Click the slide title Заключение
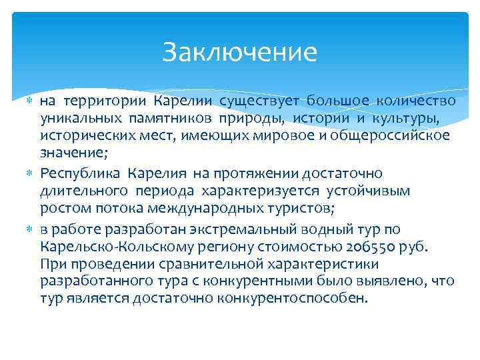[239, 53]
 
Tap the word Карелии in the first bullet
[183, 101]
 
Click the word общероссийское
[393, 136]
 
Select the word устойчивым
[383, 191]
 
